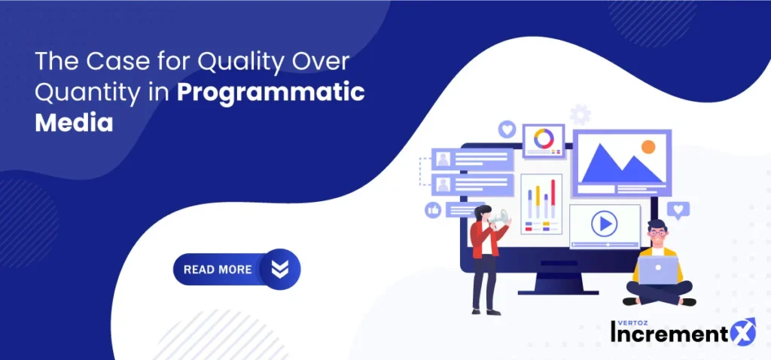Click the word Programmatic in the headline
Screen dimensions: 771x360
point(271,94)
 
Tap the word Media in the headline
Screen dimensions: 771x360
point(75,123)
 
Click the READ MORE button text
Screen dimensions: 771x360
point(218,270)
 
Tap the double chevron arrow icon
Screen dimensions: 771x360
point(280,269)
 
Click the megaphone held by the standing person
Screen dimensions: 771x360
point(499,216)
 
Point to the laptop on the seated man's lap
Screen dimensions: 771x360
point(658,270)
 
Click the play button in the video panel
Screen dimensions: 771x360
point(604,224)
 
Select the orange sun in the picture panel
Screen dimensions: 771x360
point(648,147)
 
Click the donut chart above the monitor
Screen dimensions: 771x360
point(544,138)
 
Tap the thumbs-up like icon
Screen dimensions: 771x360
point(433,210)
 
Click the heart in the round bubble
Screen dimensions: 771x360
point(507,130)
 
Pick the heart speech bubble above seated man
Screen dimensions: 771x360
point(678,210)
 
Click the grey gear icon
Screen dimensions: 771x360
point(581,114)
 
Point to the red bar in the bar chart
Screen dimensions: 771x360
point(553,199)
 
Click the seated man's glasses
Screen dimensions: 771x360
point(657,233)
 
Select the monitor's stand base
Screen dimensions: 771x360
point(558,292)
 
